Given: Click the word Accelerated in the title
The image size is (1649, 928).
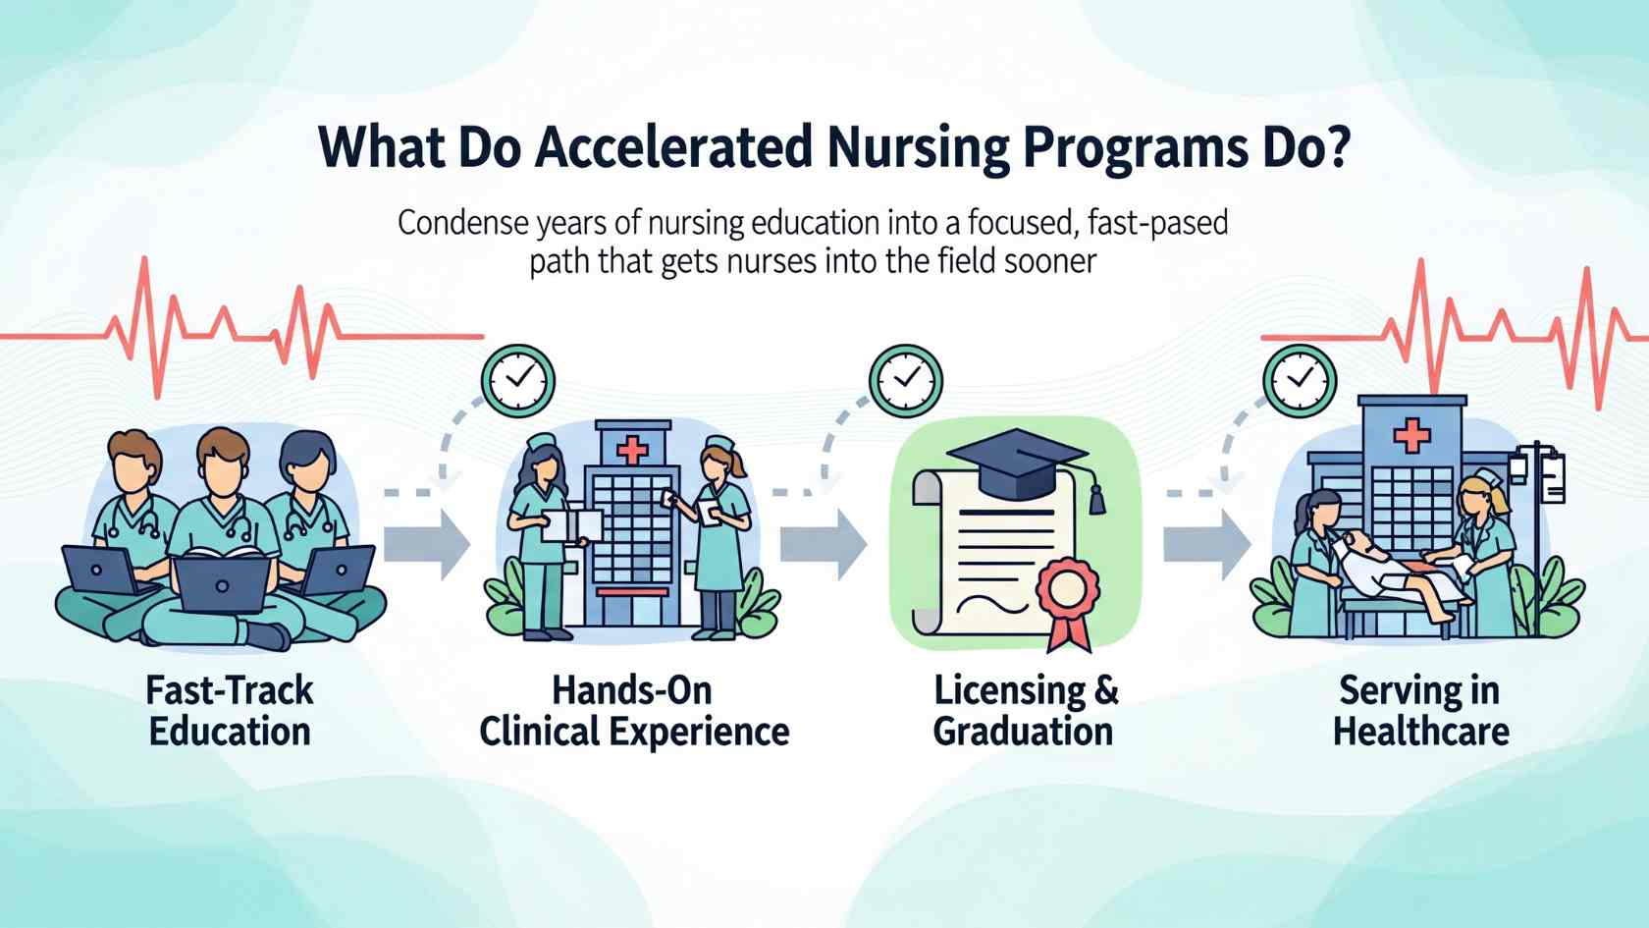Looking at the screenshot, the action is [673, 148].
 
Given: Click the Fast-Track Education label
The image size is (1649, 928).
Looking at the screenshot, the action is [230, 711].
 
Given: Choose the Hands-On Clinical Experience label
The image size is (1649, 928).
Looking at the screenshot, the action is [634, 711].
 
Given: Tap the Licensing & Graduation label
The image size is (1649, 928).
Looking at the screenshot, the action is [1025, 711].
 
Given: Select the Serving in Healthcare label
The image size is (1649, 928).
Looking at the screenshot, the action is [1421, 711].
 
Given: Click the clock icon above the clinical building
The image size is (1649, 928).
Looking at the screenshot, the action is [518, 381].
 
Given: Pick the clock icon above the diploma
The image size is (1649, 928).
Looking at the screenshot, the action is [905, 381].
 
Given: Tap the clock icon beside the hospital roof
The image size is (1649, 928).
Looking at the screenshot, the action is [1300, 381].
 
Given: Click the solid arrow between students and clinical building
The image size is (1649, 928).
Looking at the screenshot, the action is [427, 545].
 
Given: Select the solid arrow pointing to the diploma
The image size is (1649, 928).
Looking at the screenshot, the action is [824, 545].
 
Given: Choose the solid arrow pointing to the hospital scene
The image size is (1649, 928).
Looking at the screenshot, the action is [1207, 545].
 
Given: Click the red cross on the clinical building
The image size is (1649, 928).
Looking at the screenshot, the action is [632, 450].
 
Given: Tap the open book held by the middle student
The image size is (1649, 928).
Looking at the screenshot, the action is [225, 552].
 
